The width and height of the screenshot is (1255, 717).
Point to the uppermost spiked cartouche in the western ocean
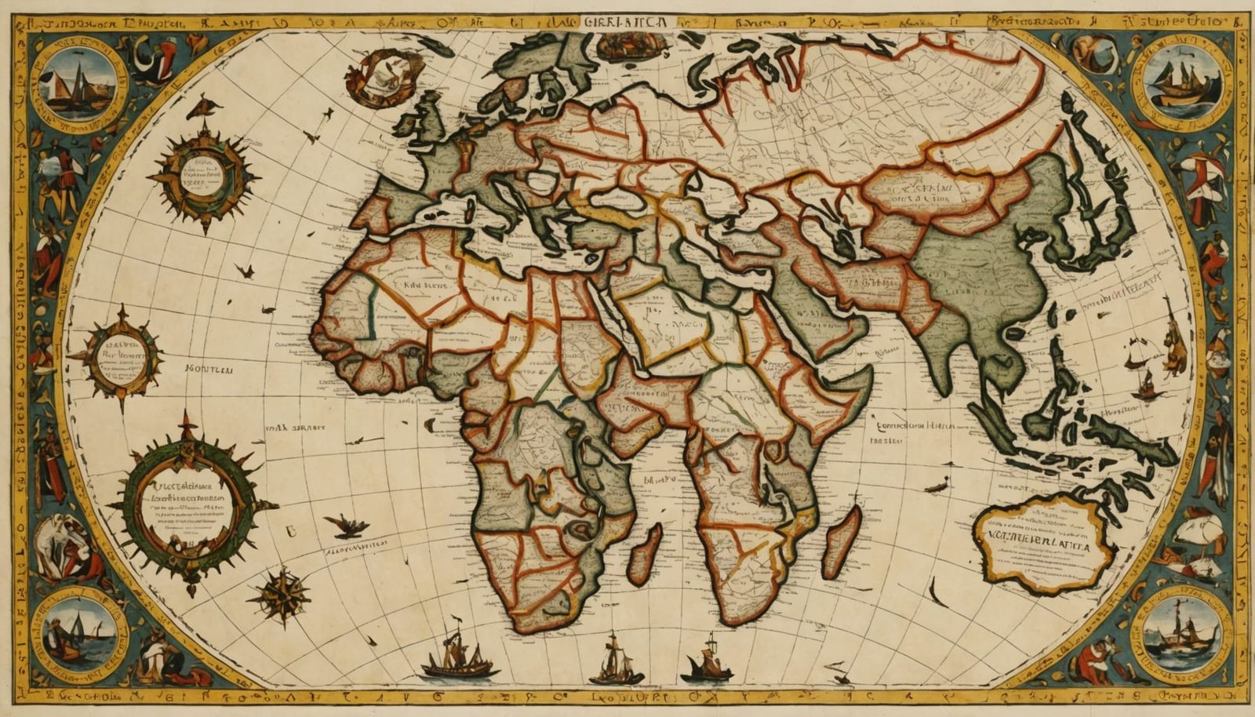click(x=202, y=175)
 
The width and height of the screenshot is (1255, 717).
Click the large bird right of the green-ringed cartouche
click(x=347, y=525)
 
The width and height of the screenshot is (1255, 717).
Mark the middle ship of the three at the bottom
click(x=616, y=661)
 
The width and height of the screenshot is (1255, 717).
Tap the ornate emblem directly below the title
click(x=625, y=47)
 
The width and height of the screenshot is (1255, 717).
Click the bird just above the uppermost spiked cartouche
click(x=203, y=107)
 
